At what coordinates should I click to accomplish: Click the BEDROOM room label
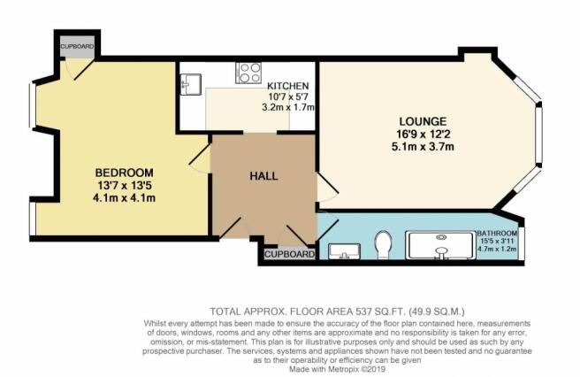click(x=124, y=173)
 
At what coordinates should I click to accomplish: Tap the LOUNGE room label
click(x=423, y=121)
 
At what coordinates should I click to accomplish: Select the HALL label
click(x=263, y=176)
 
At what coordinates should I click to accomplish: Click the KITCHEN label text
click(x=287, y=86)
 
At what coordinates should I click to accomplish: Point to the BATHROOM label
click(x=497, y=234)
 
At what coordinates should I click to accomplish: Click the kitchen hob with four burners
click(x=248, y=73)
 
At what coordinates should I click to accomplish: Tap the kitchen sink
click(x=190, y=84)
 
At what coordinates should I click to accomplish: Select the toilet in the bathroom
click(x=382, y=245)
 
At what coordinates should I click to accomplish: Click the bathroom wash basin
click(x=344, y=251)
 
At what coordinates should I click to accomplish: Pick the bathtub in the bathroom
click(x=440, y=245)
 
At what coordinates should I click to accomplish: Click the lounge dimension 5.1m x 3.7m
click(x=423, y=147)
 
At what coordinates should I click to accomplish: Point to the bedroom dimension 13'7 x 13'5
click(x=124, y=185)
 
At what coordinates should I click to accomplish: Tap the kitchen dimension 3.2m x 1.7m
click(x=287, y=107)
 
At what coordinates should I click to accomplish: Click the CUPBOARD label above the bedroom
click(x=77, y=47)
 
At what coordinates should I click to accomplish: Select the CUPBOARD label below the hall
click(x=290, y=254)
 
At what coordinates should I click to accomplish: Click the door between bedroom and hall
click(x=201, y=158)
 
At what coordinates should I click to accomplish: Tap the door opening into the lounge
click(x=326, y=187)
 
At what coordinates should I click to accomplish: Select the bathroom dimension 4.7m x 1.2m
click(x=497, y=249)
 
